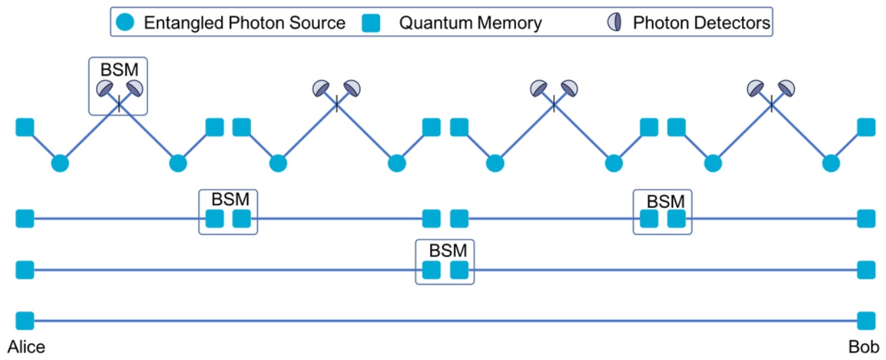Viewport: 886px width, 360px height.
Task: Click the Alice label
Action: click(26, 347)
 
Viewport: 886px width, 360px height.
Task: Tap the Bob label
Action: click(865, 347)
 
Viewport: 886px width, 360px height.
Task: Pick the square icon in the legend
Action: click(370, 23)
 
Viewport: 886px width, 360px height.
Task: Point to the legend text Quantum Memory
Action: click(470, 23)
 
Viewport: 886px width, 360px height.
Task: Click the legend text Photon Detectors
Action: click(701, 23)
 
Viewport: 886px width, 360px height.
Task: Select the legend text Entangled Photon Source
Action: click(244, 23)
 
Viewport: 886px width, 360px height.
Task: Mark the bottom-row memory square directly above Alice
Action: click(25, 320)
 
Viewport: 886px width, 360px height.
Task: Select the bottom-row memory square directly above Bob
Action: click(866, 320)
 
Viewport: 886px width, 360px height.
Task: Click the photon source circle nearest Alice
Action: click(60, 163)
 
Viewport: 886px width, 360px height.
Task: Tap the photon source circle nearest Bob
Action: click(831, 163)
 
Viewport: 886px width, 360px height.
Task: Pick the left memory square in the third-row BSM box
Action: click(430, 270)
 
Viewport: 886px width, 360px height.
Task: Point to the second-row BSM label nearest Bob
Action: click(666, 200)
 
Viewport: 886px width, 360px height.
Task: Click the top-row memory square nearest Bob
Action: click(866, 127)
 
